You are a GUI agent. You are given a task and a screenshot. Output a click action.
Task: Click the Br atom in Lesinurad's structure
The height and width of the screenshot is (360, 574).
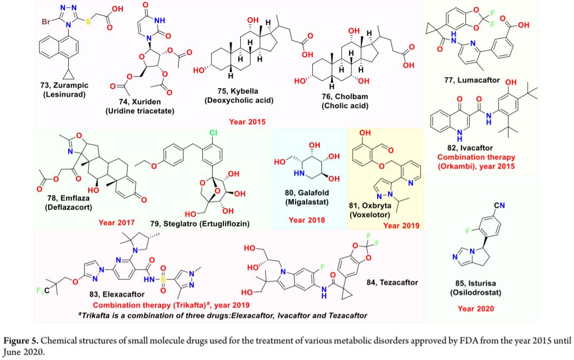pos(46,22)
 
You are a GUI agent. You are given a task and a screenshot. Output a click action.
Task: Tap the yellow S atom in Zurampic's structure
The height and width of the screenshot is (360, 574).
pos(88,22)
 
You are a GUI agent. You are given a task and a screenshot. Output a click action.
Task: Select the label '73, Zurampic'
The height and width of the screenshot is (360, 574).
pos(64,85)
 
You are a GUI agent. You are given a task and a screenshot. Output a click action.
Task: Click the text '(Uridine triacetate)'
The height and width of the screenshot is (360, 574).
pos(140,111)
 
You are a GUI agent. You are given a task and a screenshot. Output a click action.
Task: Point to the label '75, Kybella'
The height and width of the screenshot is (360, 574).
pos(238,91)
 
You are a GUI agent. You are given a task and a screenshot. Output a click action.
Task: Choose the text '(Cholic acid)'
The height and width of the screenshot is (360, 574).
pos(345,106)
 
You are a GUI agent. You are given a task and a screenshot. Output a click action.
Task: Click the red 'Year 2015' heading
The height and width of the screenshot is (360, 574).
pos(247,122)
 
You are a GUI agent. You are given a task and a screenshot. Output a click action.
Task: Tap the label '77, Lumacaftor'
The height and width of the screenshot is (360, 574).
pos(472,80)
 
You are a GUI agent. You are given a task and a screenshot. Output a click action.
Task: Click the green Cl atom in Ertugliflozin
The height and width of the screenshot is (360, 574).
pos(213,133)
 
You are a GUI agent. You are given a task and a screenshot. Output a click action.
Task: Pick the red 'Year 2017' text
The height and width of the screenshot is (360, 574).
pos(116,223)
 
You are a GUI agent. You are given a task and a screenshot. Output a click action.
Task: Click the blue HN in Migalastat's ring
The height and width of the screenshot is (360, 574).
pos(299,173)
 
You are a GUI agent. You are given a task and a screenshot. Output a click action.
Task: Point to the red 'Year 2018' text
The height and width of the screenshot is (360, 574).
pos(307,220)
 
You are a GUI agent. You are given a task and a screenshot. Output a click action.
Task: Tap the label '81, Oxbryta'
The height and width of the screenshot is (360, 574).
pos(370,205)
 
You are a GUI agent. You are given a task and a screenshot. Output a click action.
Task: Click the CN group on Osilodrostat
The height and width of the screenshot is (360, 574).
pos(499,205)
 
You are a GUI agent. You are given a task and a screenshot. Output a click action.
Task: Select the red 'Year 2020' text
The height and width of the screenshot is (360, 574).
pos(476,309)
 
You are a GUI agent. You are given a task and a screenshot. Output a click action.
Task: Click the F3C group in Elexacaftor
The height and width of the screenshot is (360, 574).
pos(42,291)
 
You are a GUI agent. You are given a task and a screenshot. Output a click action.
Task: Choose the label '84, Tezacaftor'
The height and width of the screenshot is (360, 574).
pos(392,283)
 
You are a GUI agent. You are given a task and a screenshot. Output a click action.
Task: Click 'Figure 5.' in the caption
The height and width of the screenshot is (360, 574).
pos(21,341)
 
